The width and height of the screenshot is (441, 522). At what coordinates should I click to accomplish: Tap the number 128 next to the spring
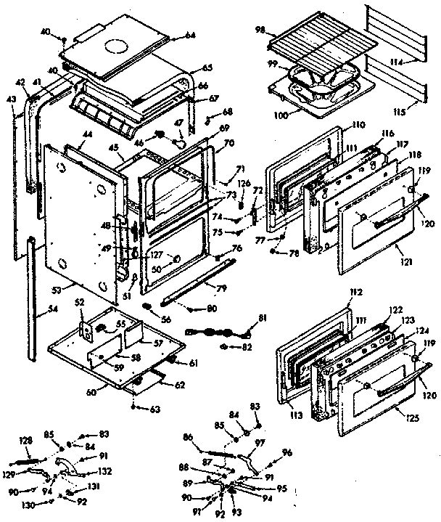click(x=26, y=441)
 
